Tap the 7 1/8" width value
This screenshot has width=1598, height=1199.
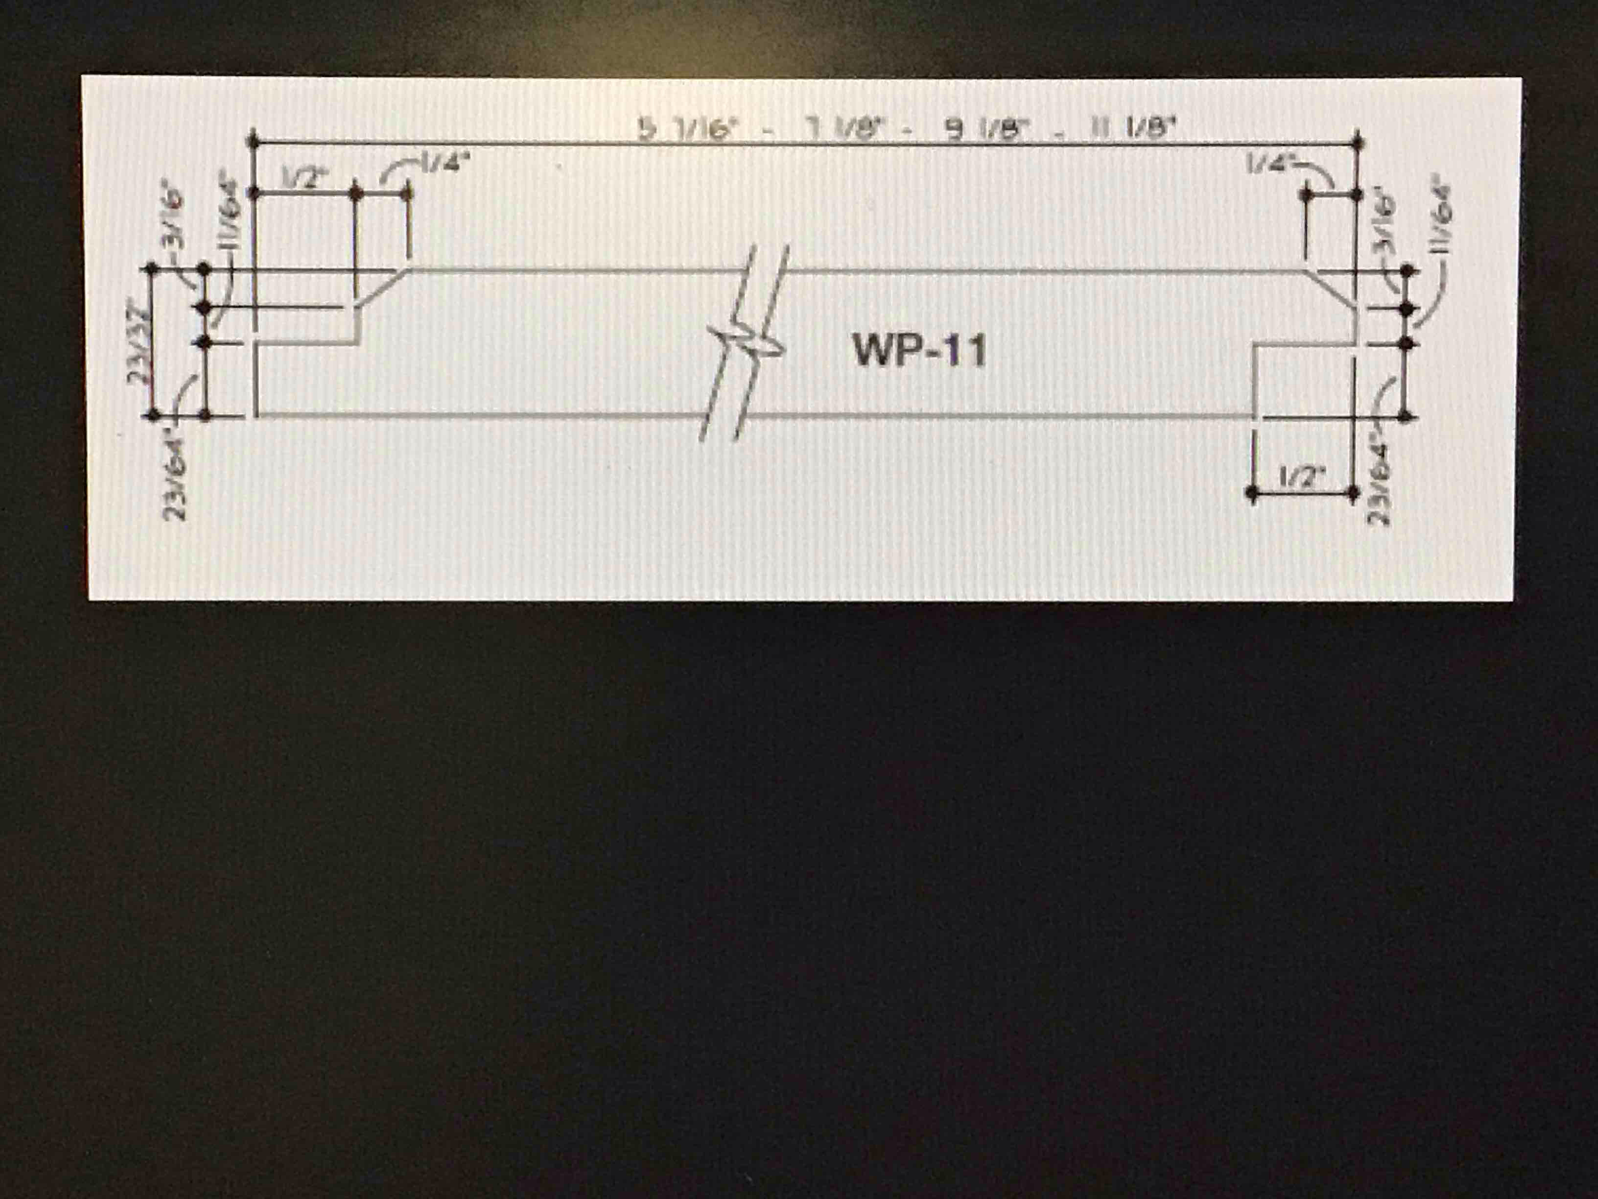coord(845,130)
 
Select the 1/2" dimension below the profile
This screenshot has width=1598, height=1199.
coord(1302,478)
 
